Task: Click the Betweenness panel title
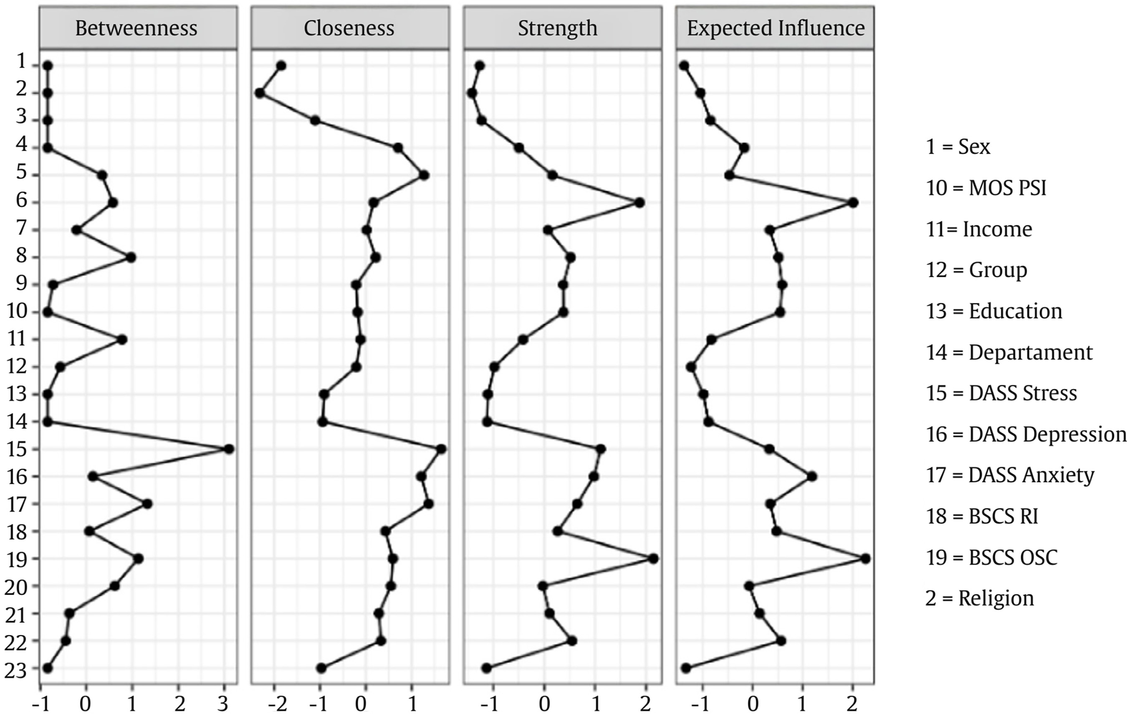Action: click(x=136, y=28)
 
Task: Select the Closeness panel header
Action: click(x=349, y=28)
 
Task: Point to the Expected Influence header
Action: click(x=776, y=28)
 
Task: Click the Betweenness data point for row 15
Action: click(x=229, y=449)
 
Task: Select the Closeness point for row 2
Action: click(x=260, y=93)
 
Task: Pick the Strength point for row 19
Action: click(x=653, y=559)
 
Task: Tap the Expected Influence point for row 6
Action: click(x=853, y=202)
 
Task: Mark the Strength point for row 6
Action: click(x=640, y=202)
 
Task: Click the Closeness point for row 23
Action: click(x=321, y=668)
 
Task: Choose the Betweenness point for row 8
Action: click(x=131, y=257)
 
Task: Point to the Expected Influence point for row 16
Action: click(x=812, y=476)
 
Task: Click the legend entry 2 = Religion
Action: click(x=980, y=599)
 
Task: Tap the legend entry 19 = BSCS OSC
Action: click(x=992, y=557)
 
